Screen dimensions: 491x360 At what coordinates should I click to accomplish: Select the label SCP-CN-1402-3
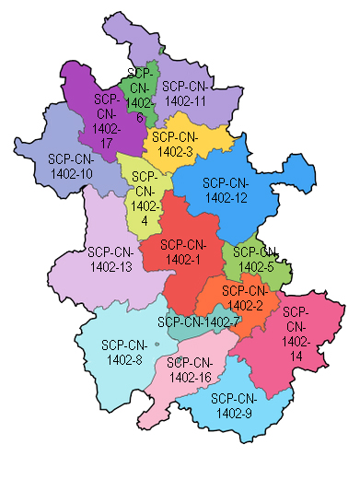click(175, 145)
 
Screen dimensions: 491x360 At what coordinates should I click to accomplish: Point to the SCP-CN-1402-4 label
click(143, 198)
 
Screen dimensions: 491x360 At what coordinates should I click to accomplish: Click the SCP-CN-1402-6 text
click(139, 94)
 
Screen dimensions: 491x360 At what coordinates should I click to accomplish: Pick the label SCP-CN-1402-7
click(198, 321)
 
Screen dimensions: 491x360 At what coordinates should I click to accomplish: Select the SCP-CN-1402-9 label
click(232, 405)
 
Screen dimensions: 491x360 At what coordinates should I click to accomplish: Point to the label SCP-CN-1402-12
click(226, 189)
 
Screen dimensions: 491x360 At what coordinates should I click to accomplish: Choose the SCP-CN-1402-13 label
click(111, 259)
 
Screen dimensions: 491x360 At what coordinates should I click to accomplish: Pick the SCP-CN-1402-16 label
click(191, 369)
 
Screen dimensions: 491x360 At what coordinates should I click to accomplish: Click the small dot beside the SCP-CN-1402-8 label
click(157, 345)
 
